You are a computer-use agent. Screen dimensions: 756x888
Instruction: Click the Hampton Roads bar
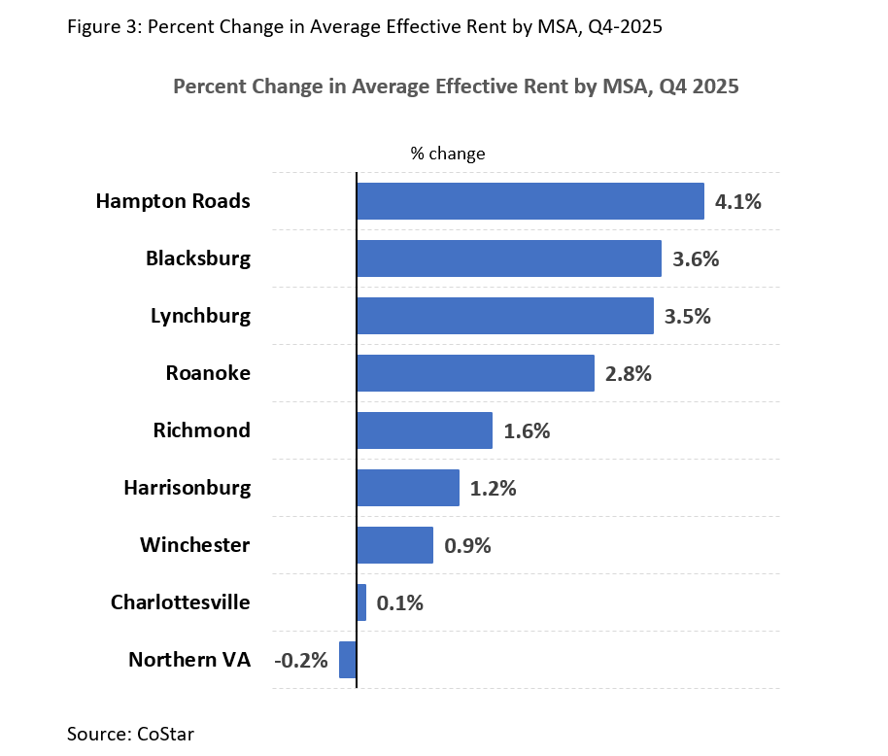pyautogui.click(x=529, y=201)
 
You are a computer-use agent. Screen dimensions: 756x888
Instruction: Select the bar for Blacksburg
pyautogui.click(x=508, y=258)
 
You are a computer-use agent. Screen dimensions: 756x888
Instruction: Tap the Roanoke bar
pyautogui.click(x=475, y=373)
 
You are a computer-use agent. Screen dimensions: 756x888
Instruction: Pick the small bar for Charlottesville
pyautogui.click(x=361, y=602)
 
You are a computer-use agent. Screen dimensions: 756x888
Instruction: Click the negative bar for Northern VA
pyautogui.click(x=348, y=660)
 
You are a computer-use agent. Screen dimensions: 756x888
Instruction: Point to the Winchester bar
pyautogui.click(x=394, y=545)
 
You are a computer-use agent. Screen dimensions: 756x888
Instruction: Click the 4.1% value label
pyautogui.click(x=738, y=202)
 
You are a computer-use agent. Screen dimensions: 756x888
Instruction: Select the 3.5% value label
pyautogui.click(x=687, y=317)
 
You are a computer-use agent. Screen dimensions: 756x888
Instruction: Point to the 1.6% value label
pyautogui.click(x=527, y=431)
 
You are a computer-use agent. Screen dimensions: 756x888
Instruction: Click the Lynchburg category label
pyautogui.click(x=200, y=316)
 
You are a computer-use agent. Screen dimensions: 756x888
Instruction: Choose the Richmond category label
pyautogui.click(x=201, y=430)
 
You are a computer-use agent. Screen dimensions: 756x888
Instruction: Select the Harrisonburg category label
pyautogui.click(x=187, y=488)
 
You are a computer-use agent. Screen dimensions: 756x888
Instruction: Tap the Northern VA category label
pyautogui.click(x=189, y=660)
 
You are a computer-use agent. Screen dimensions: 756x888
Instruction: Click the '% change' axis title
pyautogui.click(x=447, y=154)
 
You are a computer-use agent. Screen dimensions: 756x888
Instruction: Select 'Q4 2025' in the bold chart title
pyautogui.click(x=699, y=86)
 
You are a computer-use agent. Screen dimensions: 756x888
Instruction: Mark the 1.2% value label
pyautogui.click(x=493, y=489)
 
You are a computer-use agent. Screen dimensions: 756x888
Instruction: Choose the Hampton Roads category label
pyautogui.click(x=173, y=201)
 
